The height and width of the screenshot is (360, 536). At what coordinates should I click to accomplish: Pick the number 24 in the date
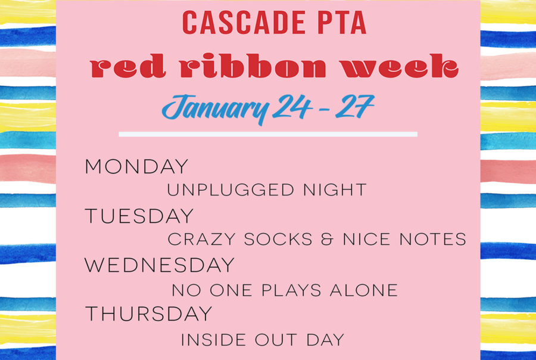click(292, 107)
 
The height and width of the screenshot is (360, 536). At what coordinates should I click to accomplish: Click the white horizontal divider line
click(268, 134)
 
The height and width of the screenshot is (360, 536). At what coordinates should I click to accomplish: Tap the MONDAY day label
click(136, 166)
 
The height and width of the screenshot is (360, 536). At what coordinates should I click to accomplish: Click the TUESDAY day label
click(139, 216)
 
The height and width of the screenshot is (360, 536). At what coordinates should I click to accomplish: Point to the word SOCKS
click(278, 239)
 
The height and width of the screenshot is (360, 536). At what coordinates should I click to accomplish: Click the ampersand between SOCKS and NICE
click(327, 239)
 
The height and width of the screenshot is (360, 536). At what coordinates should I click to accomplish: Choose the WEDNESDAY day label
click(159, 265)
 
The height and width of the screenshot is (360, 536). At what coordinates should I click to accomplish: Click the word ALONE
click(364, 290)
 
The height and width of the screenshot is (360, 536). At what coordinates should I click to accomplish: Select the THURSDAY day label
click(148, 314)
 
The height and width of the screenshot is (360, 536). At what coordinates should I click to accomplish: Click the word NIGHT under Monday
click(335, 190)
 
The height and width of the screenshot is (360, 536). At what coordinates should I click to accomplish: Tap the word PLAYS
click(291, 290)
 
